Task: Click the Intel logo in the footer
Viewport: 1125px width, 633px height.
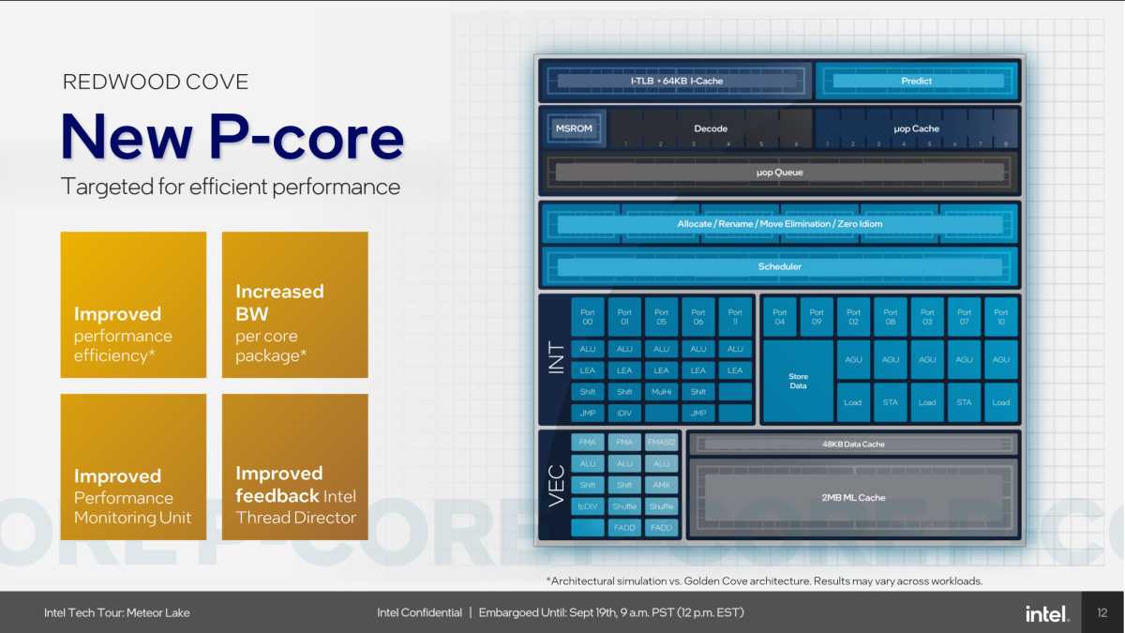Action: (1046, 613)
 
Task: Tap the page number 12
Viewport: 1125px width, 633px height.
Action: (1102, 613)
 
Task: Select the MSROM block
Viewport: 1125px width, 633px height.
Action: (573, 128)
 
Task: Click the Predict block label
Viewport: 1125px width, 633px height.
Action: (916, 81)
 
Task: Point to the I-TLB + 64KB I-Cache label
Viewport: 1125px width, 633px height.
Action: (676, 81)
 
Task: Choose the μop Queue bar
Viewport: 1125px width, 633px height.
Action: (779, 173)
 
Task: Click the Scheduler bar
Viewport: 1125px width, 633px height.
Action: (779, 266)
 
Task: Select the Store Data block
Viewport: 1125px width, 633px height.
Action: (798, 381)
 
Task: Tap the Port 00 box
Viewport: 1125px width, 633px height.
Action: (588, 317)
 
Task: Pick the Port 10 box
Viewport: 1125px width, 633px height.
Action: (1000, 317)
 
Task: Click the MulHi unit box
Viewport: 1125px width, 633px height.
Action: (661, 391)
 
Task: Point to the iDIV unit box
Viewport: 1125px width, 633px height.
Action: (624, 413)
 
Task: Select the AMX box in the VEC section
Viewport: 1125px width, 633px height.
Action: (661, 485)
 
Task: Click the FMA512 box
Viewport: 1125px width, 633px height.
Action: (661, 442)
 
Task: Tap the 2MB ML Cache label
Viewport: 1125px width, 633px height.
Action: (852, 497)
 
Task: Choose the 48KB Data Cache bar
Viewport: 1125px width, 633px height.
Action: (852, 444)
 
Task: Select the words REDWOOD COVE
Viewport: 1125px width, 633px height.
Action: (156, 82)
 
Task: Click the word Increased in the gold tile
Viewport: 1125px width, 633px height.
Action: (279, 292)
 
